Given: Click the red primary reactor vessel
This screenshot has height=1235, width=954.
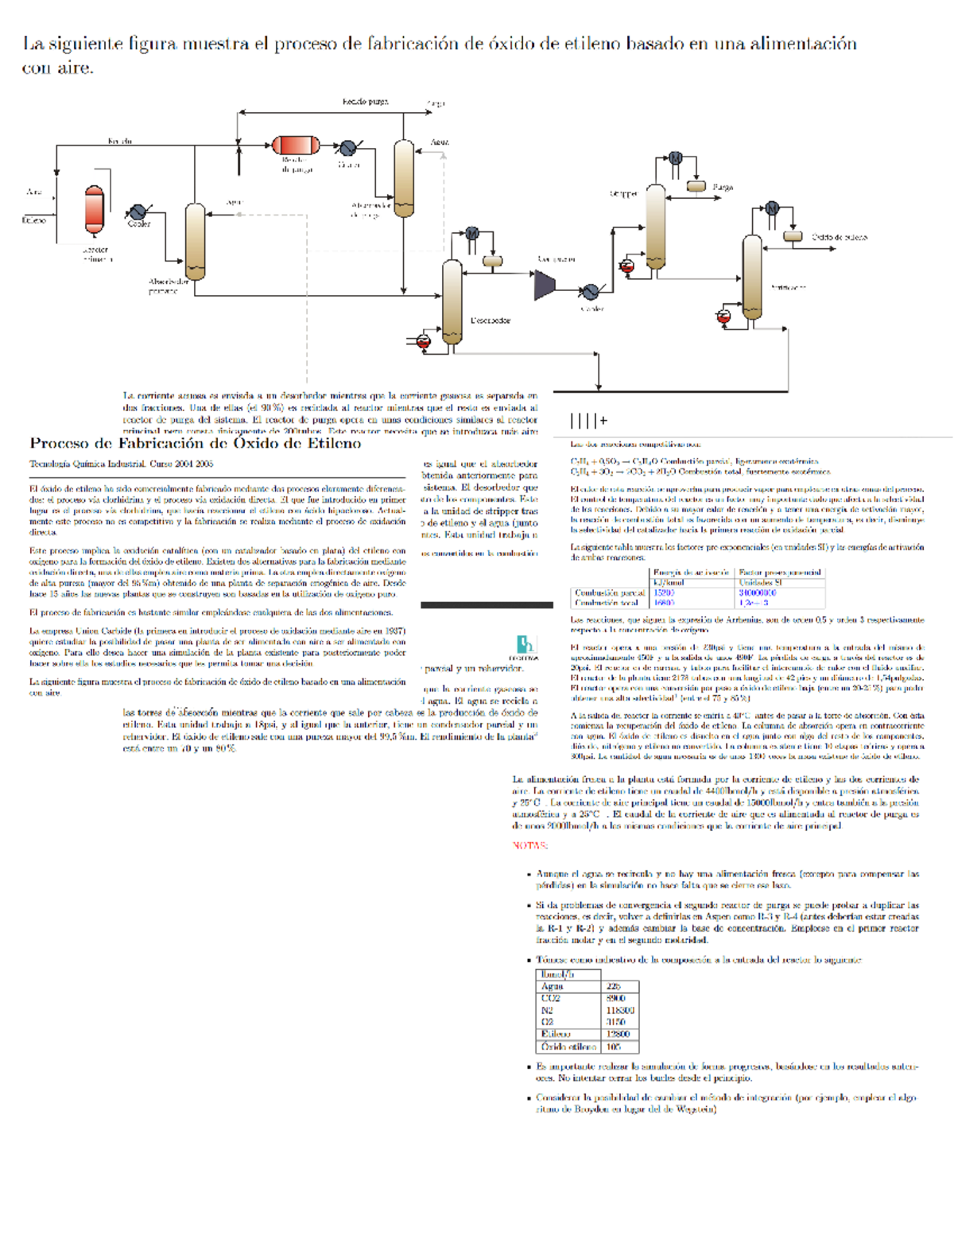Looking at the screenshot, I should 95,210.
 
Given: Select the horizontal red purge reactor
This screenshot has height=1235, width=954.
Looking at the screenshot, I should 296,145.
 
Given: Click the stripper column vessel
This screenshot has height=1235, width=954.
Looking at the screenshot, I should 655,227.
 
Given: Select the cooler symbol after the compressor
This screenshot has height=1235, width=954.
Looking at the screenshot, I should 590,293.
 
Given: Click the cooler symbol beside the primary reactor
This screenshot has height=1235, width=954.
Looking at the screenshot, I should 138,212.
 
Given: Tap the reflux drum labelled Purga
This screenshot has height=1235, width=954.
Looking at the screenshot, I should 696,186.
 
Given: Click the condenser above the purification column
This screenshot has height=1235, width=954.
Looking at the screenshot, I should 771,208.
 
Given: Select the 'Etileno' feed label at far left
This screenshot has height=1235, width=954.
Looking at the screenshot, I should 34,220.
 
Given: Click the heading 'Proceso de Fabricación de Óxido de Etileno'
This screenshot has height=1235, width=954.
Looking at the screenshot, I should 195,444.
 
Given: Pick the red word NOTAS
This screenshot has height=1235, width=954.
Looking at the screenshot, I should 530,845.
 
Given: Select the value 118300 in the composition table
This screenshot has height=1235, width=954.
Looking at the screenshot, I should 620,1010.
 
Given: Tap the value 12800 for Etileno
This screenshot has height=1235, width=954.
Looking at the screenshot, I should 620,1034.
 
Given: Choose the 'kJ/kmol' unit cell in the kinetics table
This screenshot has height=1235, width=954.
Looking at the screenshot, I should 668,582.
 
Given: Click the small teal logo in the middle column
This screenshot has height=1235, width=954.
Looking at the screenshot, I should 525,644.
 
